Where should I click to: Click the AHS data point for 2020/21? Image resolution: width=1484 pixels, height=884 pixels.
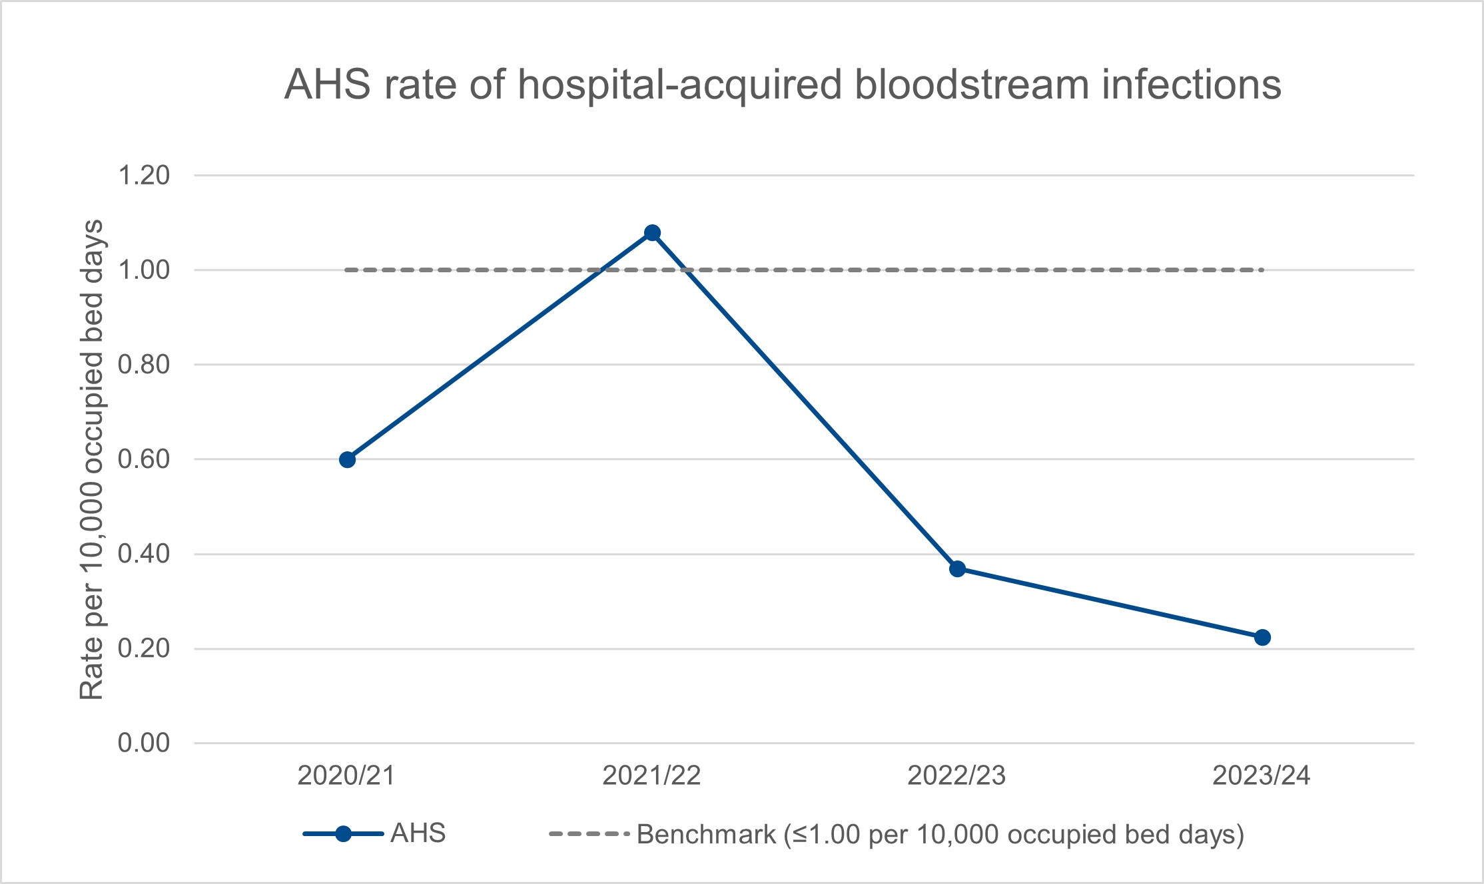(347, 459)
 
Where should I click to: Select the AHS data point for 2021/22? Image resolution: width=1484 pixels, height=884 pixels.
(652, 232)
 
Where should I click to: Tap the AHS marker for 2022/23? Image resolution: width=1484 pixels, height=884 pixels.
(957, 568)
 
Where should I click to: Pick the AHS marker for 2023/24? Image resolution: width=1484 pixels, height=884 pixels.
(1262, 637)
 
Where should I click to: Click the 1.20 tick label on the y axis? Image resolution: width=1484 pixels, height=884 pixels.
(144, 176)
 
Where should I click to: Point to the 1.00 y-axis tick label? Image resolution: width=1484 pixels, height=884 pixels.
(144, 270)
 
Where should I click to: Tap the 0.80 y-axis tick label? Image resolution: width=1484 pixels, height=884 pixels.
(144, 365)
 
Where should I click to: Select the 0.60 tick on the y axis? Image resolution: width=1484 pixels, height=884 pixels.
(144, 459)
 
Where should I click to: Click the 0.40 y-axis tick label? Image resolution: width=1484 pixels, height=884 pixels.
(144, 554)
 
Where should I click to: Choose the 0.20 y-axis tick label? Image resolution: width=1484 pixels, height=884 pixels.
(144, 648)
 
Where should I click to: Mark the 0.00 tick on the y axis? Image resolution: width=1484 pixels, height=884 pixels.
(144, 743)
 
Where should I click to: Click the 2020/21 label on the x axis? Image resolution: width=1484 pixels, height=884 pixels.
(346, 775)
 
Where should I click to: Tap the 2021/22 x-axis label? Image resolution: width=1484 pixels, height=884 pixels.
(651, 775)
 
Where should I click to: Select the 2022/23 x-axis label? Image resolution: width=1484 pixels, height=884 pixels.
(956, 775)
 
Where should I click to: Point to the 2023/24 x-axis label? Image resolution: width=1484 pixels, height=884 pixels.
(1262, 775)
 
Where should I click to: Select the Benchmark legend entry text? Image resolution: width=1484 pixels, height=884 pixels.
(940, 834)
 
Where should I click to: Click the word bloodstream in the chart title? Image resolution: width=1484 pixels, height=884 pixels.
(972, 85)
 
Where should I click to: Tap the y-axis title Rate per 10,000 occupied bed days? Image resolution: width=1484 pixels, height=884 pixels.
(91, 459)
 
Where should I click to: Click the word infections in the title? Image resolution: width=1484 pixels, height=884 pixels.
(1192, 85)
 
